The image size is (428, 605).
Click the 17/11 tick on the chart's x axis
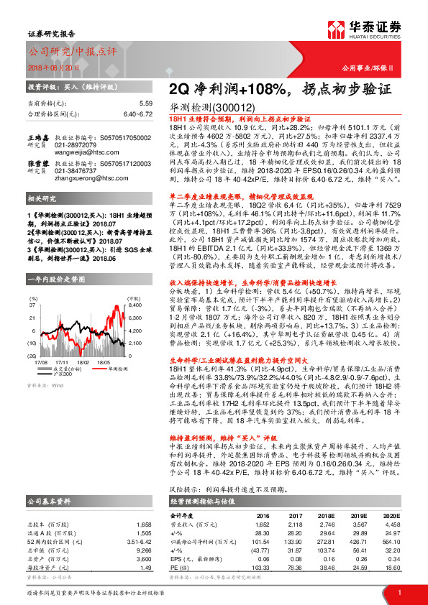pyautogui.click(x=62, y=361)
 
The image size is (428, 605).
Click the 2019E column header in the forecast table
pyautogui.click(x=348, y=495)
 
